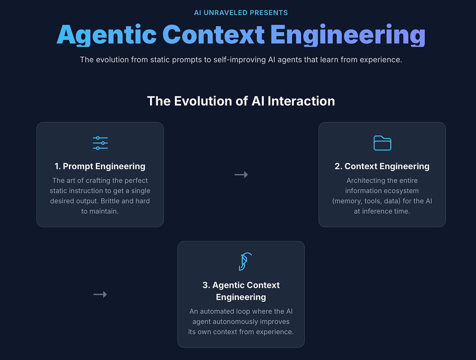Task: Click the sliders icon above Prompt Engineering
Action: tap(100, 143)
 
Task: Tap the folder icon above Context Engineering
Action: tap(382, 143)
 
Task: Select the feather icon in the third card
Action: tap(245, 262)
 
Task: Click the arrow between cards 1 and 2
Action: tap(241, 175)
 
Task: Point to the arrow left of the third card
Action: tap(100, 295)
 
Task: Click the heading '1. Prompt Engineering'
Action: tap(100, 166)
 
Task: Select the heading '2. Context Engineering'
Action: tap(382, 166)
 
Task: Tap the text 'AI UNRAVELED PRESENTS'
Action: tap(241, 13)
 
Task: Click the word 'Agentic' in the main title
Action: tap(107, 35)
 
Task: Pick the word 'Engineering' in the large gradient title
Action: tap(348, 35)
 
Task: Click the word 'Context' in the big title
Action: tap(213, 35)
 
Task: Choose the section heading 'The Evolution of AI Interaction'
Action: tap(241, 101)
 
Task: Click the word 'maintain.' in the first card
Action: tap(100, 212)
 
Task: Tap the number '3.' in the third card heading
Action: tap(206, 285)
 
